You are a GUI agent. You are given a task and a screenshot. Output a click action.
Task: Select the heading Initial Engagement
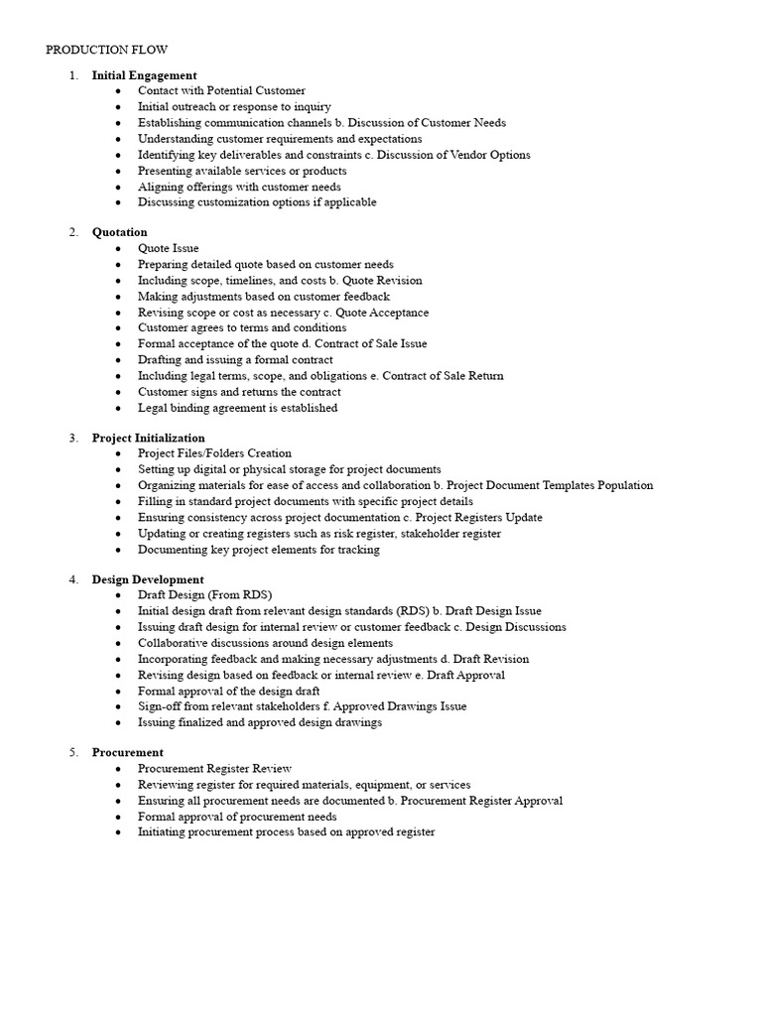[x=144, y=75]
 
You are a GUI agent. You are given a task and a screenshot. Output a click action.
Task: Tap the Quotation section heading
[x=119, y=232]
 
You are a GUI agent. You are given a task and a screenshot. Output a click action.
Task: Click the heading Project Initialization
[x=148, y=438]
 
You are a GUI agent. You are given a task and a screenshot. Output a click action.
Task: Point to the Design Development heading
[x=148, y=579]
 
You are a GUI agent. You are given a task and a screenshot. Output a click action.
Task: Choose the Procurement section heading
[x=127, y=753]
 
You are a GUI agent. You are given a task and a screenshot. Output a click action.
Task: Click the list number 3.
[x=72, y=438]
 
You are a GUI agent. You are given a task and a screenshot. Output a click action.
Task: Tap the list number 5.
[x=72, y=753]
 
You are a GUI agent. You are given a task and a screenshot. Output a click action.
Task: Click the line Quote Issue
[x=168, y=248]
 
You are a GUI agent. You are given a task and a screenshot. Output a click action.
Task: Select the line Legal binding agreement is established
[x=237, y=408]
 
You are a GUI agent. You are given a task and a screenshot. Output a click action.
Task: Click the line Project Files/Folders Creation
[x=214, y=453]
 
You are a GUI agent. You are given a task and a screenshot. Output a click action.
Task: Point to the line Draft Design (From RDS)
[x=204, y=595]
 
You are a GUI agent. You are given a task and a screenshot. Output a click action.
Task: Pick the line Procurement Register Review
[x=214, y=769]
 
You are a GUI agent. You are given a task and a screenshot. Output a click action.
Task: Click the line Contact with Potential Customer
[x=221, y=91]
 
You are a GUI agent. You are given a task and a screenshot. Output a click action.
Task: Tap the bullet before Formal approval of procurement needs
[x=118, y=817]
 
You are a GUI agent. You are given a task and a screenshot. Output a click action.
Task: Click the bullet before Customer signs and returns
[x=118, y=392]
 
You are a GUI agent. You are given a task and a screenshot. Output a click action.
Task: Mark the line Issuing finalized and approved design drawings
[x=259, y=722]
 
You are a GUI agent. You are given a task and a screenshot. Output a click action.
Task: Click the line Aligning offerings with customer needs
[x=239, y=187]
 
